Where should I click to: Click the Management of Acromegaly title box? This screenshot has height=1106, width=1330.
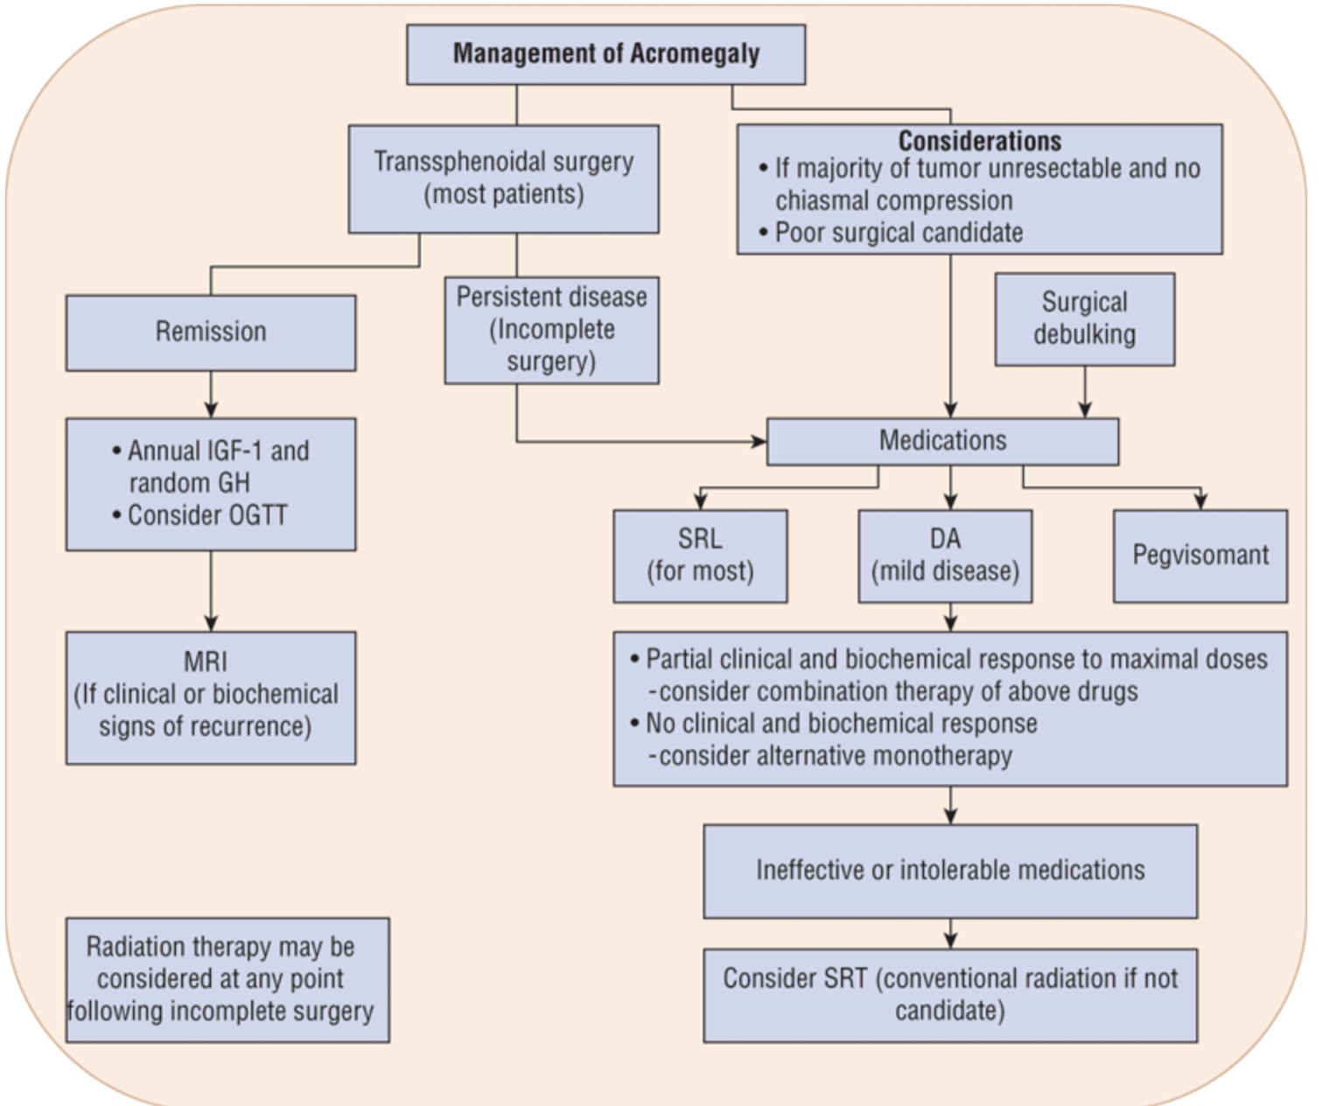pos(605,54)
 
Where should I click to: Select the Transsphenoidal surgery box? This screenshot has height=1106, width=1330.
pos(503,178)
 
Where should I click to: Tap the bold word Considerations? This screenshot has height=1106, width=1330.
pos(979,141)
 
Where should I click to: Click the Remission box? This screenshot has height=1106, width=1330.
pos(210,332)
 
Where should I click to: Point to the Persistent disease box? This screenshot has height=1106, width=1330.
pos(551,330)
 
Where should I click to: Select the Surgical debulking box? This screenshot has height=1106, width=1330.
pos(1084,318)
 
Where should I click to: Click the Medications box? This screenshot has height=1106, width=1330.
pos(942,441)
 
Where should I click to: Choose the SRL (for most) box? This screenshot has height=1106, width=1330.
pos(700,556)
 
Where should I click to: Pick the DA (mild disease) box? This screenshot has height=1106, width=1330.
pos(945,556)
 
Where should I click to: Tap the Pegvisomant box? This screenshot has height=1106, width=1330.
pos(1200,556)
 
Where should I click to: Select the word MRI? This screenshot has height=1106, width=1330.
pos(206,661)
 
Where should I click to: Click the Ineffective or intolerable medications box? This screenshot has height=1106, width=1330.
pos(950,871)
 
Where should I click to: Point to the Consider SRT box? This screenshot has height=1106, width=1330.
pos(950,995)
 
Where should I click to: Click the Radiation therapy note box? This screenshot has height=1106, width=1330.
pos(227,979)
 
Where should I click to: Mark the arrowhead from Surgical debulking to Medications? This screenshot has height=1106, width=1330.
pos(1085,409)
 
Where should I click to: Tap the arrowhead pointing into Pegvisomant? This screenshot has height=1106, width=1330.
pos(1200,500)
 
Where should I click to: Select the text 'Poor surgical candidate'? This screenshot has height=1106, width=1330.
pos(899,233)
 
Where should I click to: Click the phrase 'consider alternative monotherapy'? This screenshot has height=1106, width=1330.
pos(835,756)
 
